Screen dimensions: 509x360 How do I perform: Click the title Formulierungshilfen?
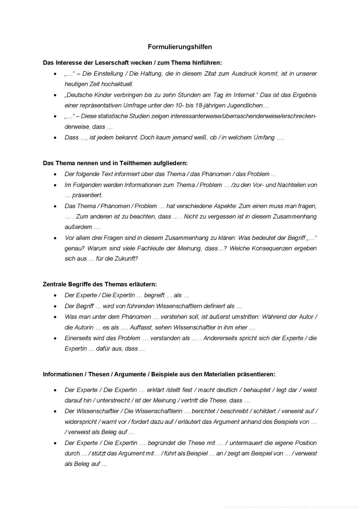180,47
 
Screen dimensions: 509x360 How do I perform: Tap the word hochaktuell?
118,84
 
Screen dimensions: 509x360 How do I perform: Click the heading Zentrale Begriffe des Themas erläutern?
100,285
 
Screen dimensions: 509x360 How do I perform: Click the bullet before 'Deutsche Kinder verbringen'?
55,95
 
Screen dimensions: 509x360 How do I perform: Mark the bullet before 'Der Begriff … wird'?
55,306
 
